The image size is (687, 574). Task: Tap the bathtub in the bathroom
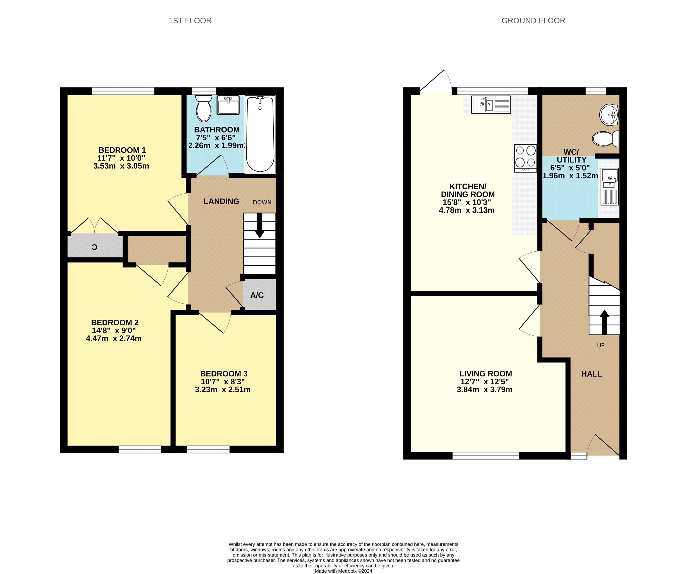261,134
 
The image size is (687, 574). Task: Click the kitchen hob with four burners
525,158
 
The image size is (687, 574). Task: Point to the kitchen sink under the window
491,105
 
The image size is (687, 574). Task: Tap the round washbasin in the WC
609,115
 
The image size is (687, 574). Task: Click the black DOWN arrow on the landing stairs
260,226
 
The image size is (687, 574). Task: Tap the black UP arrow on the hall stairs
604,322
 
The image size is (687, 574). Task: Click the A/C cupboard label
257,295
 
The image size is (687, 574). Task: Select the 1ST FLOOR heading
190,21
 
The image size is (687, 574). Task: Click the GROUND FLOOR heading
533,21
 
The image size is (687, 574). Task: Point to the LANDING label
221,201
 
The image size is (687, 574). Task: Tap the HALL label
591,374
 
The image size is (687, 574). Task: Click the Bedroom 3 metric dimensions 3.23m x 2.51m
223,389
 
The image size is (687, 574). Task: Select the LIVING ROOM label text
486,373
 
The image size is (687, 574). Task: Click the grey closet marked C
95,246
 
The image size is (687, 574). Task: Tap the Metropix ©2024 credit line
343,571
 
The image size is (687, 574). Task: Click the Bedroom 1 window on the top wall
123,91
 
